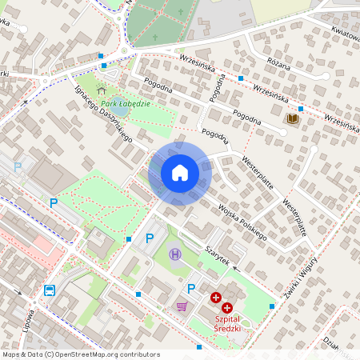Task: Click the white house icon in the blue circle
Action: point(179,173)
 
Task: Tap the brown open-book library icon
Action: point(292,119)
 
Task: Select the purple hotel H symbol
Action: point(176,254)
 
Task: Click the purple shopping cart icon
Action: point(182,306)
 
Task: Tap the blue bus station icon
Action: point(50,291)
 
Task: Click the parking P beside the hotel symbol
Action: point(150,238)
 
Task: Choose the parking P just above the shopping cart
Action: point(191,288)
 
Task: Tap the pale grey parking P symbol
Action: point(18,166)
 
